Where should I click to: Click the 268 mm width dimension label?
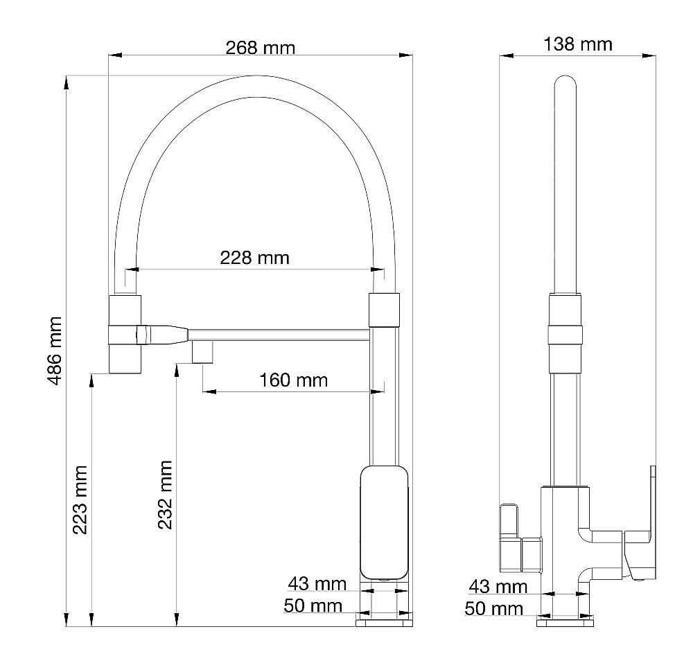click(261, 48)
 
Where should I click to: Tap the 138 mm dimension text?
click(578, 44)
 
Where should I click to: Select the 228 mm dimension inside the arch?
click(254, 258)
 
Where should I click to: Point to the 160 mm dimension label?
click(293, 380)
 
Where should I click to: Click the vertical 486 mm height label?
click(55, 351)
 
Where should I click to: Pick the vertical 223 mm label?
click(80, 500)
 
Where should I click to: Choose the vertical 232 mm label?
click(166, 495)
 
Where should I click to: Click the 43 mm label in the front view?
click(317, 584)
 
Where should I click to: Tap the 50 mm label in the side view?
click(493, 608)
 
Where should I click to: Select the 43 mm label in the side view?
click(498, 587)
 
